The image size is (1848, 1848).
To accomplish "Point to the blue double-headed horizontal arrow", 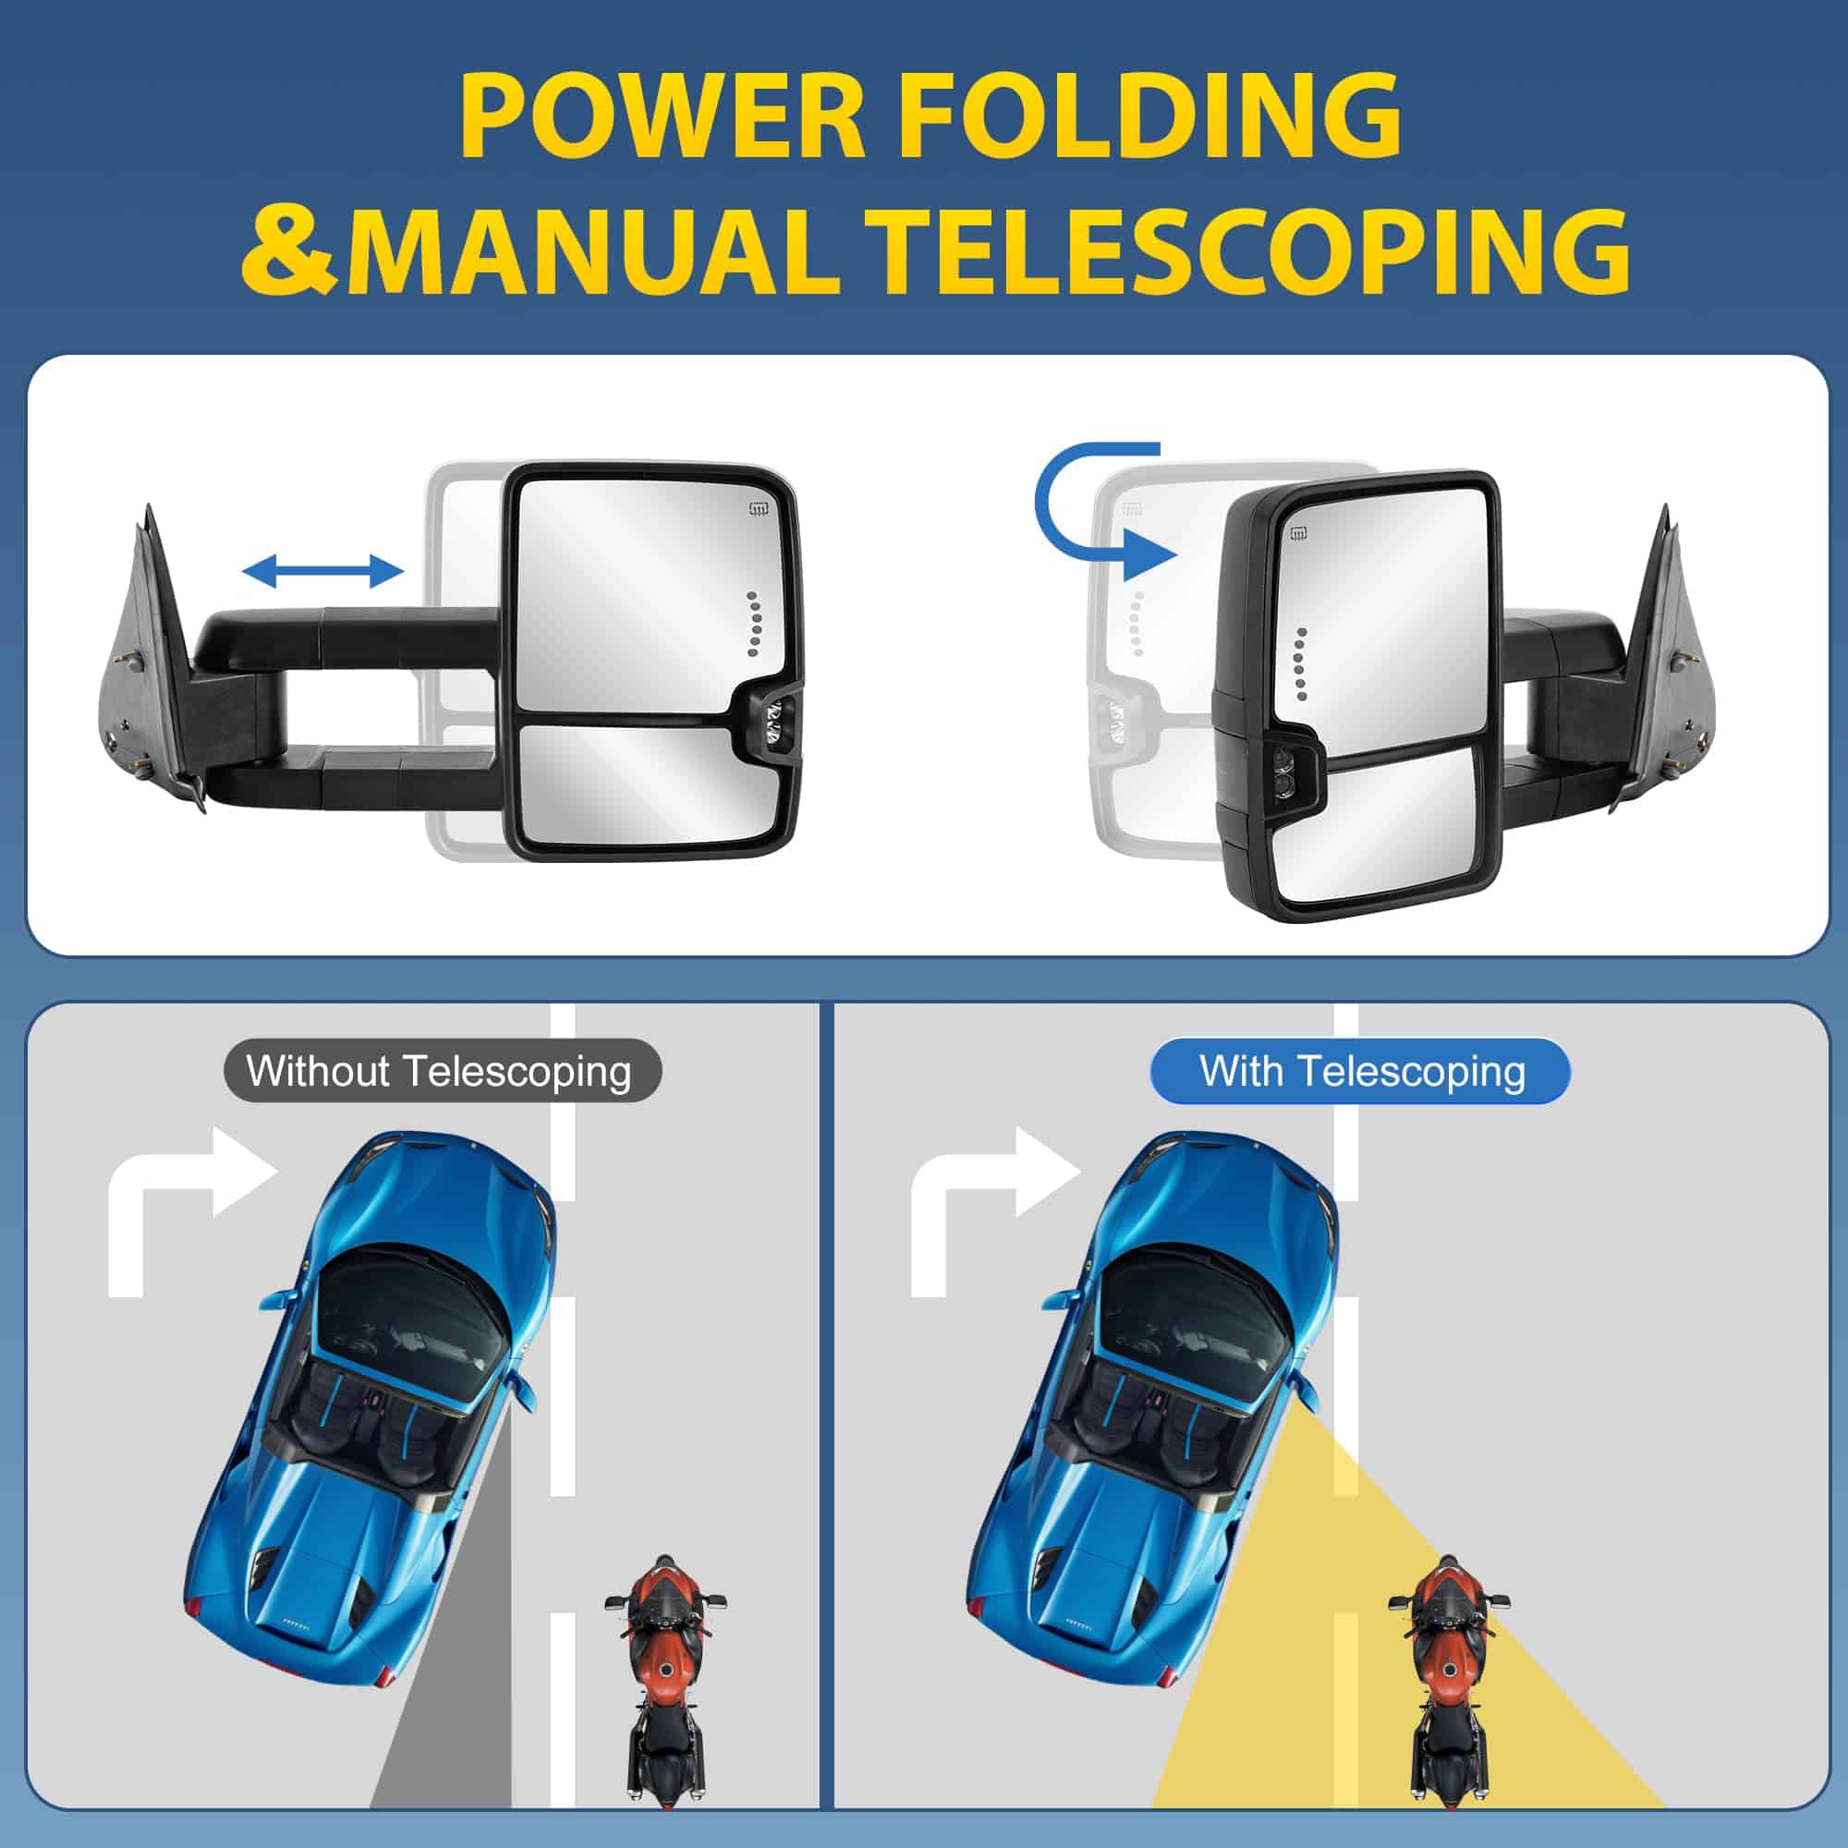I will tap(322, 572).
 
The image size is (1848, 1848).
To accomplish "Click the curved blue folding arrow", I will tap(1100, 512).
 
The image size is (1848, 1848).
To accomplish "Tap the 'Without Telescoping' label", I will tap(439, 1071).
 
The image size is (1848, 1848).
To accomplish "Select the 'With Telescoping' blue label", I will tap(1361, 1071).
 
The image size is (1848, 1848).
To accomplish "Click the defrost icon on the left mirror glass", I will tap(760, 507).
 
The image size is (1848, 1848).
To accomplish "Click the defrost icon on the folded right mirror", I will tap(1300, 534).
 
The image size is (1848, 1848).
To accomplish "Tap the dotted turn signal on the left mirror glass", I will tap(753, 624).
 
